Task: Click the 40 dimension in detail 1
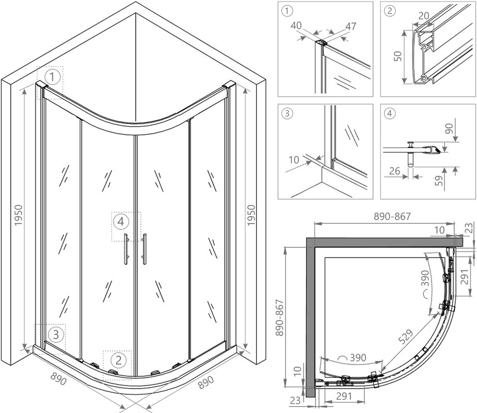[x=296, y=25]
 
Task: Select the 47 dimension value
[x=351, y=26]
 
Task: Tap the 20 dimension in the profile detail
[x=423, y=15]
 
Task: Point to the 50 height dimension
[x=397, y=56]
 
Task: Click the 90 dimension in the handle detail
[x=449, y=129]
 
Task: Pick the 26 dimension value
[x=394, y=171]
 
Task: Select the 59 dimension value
[x=439, y=181]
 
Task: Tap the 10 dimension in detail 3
[x=294, y=160]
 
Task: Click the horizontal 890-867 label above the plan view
[x=392, y=216]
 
